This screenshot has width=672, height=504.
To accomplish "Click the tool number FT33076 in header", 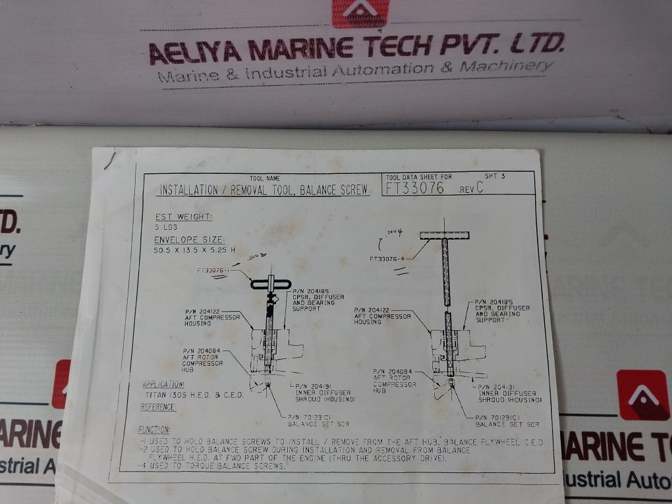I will coord(415,188).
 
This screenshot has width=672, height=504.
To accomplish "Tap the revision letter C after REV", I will coord(480,188).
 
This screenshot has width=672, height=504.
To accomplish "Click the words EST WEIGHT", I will coord(184,217).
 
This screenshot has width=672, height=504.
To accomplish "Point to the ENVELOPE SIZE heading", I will coord(190,240).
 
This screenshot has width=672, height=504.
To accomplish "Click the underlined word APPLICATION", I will coord(163,384).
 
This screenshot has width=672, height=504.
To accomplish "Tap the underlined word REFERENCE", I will coord(158,407).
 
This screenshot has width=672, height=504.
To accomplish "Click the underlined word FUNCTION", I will coord(154,430).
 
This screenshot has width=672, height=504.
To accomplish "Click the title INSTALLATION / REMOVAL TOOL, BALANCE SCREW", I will coord(264,190).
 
